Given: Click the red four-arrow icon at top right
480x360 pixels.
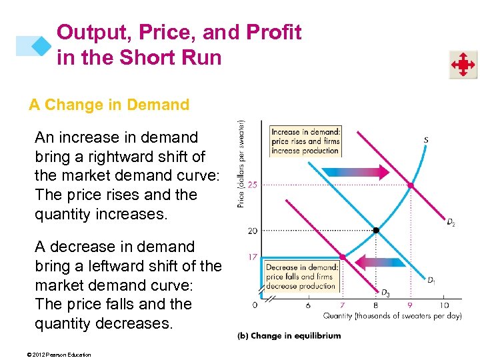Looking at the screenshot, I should (462, 65).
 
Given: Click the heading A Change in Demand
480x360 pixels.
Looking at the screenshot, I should (109, 105).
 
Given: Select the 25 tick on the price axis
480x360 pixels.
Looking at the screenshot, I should (252, 185).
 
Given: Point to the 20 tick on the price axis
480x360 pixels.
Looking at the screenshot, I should (252, 231).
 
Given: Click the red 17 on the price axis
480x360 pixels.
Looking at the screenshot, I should (252, 257).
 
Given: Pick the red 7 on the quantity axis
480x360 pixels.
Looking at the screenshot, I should (342, 305).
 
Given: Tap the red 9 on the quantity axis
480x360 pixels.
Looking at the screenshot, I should (410, 305).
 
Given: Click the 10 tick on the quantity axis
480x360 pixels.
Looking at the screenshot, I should (443, 305).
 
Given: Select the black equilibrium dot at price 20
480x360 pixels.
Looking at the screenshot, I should (376, 231).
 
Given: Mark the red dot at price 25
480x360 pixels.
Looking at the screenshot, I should (410, 185).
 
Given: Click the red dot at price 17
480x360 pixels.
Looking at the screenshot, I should (342, 257).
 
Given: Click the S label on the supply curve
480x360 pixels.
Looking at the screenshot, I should (425, 139).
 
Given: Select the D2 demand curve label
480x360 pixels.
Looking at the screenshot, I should (451, 222).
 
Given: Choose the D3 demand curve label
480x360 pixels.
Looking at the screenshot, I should (385, 292).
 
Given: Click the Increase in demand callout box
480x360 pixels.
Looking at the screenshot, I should (305, 141).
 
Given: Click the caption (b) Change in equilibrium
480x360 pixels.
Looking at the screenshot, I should (289, 335).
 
